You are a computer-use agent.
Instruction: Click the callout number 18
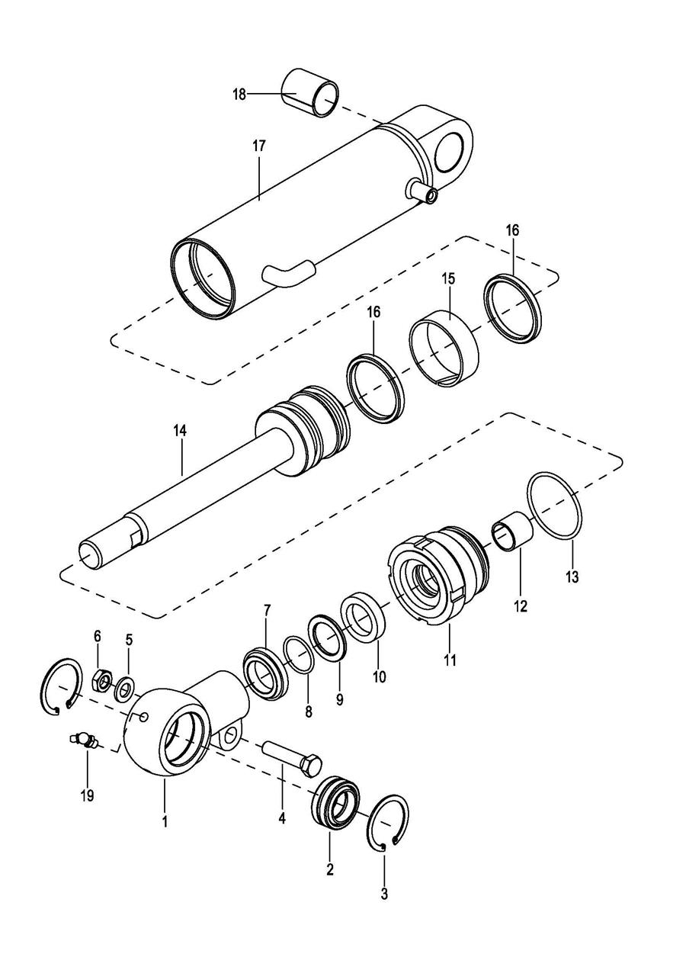[x=239, y=94]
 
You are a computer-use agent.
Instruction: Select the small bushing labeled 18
[x=311, y=92]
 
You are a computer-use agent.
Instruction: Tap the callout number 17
[x=260, y=145]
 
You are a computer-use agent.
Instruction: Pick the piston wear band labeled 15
[x=445, y=348]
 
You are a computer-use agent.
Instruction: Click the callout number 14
[x=179, y=431]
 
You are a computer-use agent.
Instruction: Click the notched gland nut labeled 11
[x=433, y=579]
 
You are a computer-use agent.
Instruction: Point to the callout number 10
[x=379, y=676]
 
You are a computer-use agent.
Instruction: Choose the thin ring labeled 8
[x=299, y=654]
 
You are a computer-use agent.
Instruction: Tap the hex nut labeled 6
[x=100, y=678]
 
